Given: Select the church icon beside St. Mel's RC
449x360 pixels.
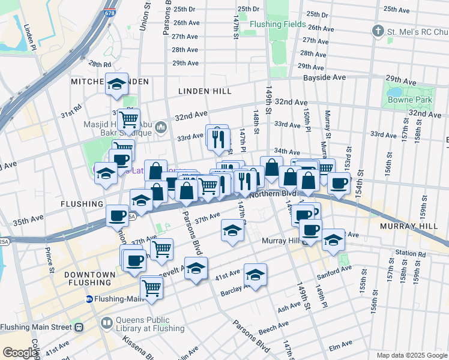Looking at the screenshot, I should (378, 31).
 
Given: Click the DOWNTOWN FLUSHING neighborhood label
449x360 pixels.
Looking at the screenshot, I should (89, 279).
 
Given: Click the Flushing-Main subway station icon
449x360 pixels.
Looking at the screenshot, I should (89, 299).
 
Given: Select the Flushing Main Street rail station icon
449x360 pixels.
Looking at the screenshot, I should (78, 328).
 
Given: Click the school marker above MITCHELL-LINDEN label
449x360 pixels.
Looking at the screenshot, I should (116, 83).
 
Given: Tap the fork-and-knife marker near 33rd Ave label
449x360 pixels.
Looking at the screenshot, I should (217, 137).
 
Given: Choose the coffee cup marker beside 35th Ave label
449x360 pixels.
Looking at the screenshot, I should (116, 215).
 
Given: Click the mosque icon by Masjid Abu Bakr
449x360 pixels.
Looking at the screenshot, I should (160, 127).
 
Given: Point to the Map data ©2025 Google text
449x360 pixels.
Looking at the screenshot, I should (411, 355).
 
